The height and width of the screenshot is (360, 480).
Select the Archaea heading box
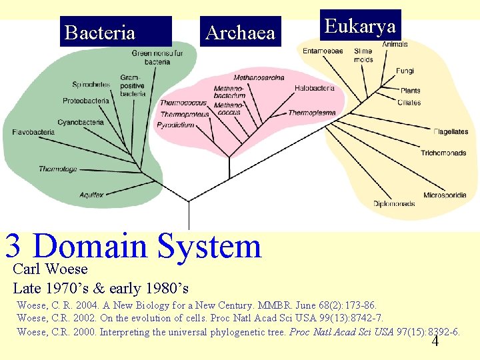[x=241, y=32]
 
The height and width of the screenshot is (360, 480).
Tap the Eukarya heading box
[x=360, y=26]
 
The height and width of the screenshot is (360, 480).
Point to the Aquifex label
[x=91, y=195]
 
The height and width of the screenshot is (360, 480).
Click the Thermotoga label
[x=58, y=169]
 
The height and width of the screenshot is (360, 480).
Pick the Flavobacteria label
[x=33, y=133]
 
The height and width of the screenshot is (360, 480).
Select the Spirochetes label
[x=91, y=85]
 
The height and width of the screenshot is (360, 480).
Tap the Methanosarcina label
[x=259, y=78]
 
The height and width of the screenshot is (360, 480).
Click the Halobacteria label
[x=314, y=88]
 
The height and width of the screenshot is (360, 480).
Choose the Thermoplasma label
[x=312, y=113]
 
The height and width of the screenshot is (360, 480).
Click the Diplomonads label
[x=394, y=203]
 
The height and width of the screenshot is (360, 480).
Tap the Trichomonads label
[x=443, y=153]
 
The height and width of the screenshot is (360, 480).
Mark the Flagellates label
[x=451, y=132]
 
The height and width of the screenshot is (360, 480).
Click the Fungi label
[x=405, y=71]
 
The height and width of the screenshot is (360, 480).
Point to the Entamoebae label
[x=323, y=51]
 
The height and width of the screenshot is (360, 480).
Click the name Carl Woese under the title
[x=51, y=269]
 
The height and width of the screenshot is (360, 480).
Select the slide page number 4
[x=435, y=342]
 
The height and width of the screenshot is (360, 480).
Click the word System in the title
[x=209, y=247]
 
